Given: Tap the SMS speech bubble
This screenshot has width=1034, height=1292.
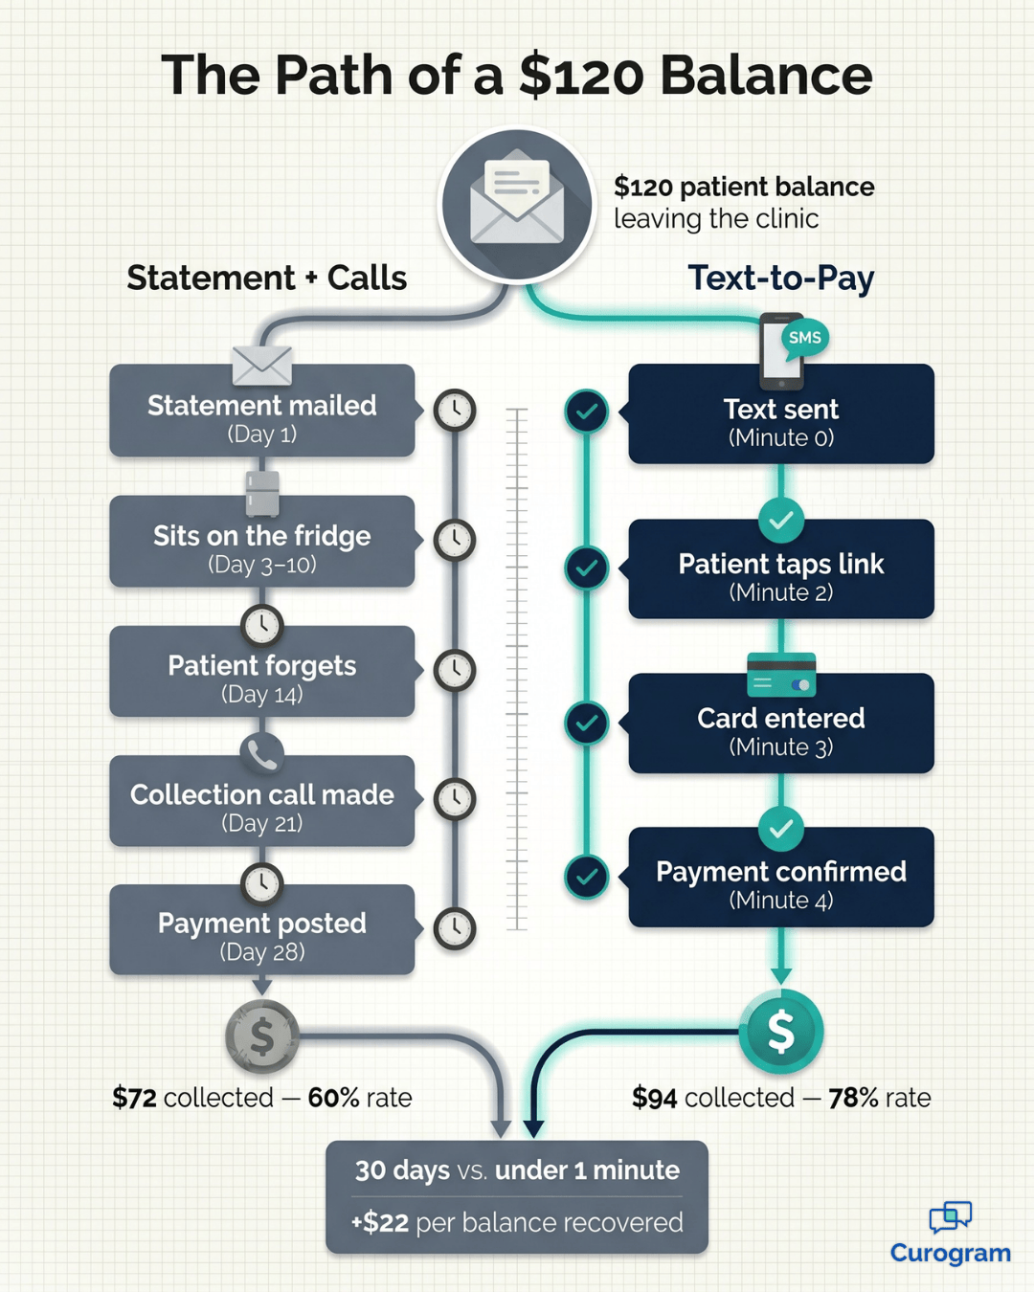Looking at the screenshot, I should (804, 338).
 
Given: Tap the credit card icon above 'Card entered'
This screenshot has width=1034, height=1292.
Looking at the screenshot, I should (780, 675).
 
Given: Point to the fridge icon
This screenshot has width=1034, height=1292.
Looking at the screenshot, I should (261, 493).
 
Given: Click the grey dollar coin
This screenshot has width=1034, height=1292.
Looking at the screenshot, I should (261, 1036).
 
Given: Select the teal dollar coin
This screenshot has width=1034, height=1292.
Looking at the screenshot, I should (780, 1032).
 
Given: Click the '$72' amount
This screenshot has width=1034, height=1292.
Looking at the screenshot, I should (134, 1098).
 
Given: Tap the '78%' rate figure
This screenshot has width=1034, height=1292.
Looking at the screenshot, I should (853, 1098).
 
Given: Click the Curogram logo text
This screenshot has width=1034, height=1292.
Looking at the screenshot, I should (950, 1253).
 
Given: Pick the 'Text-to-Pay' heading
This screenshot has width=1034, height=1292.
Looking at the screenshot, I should (780, 278).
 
